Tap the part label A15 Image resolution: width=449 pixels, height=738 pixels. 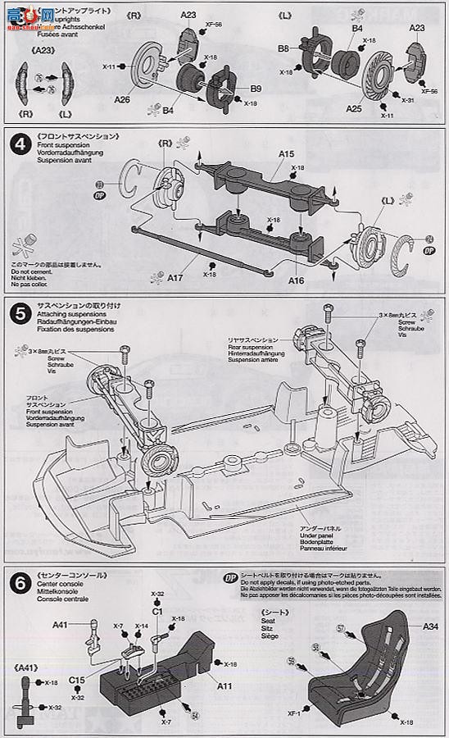pos(286,153)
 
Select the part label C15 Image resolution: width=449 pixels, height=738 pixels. pos(76,679)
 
